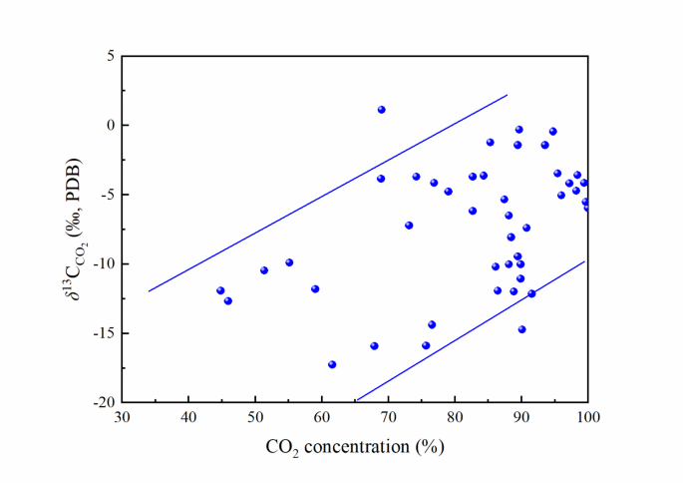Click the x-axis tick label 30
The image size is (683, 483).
(x=122, y=417)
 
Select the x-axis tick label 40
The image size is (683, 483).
(x=188, y=417)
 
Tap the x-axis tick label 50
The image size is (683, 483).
(x=255, y=417)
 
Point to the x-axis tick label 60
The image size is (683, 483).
(x=321, y=417)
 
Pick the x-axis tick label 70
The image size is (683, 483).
(x=388, y=417)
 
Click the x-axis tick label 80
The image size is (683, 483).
(x=455, y=417)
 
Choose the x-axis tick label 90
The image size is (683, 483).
(x=521, y=417)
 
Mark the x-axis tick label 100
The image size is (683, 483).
(x=587, y=417)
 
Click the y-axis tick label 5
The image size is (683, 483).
(x=109, y=56)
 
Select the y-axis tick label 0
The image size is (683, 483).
(x=109, y=126)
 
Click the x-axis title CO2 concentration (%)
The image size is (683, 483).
(x=355, y=446)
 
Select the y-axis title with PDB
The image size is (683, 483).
(x=71, y=230)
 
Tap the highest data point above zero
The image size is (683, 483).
(x=382, y=110)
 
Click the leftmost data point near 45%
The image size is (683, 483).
(x=220, y=290)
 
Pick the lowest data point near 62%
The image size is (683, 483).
(x=332, y=364)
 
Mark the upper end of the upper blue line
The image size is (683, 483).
(x=508, y=96)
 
